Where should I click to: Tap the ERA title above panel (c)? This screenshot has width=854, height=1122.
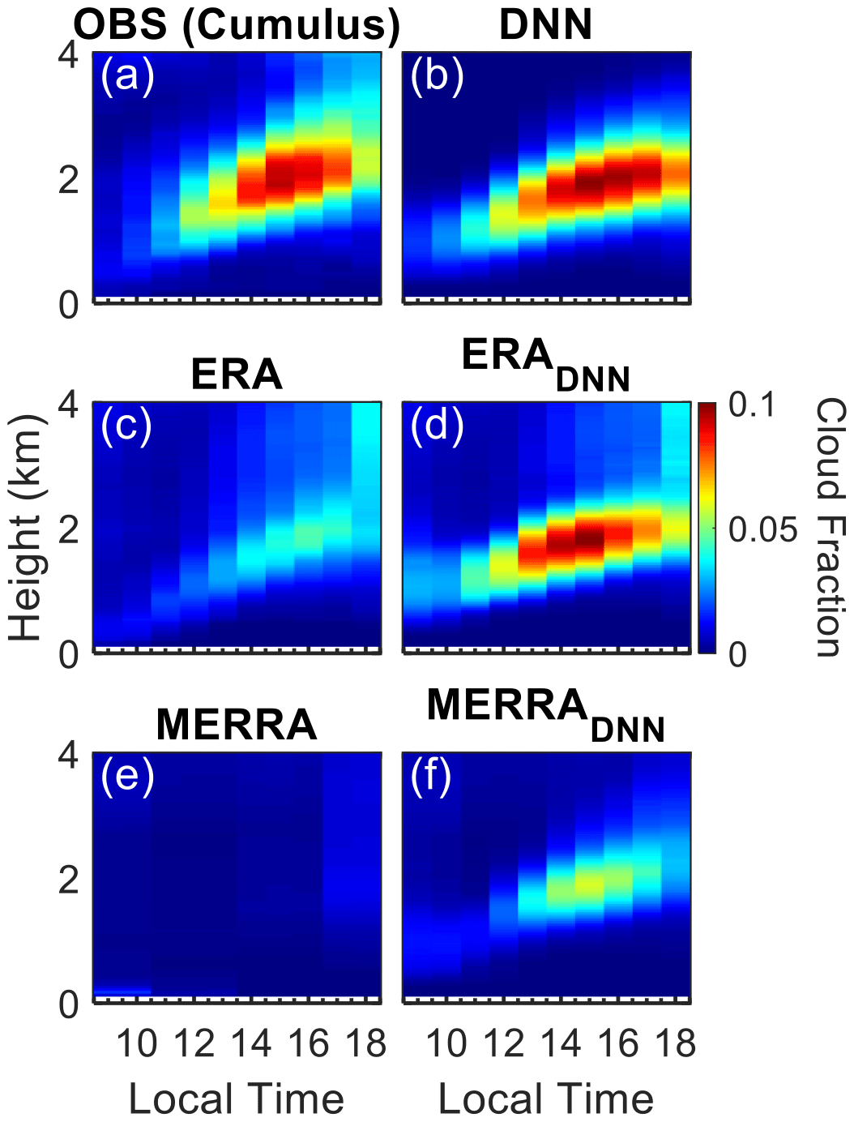tap(237, 375)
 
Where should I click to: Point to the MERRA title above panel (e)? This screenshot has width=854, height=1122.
tap(237, 724)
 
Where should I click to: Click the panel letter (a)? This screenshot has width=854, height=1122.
tap(127, 77)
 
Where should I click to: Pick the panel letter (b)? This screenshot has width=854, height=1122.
tap(437, 77)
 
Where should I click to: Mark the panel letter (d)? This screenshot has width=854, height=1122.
tap(437, 426)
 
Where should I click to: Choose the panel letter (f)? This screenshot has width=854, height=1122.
tap(431, 777)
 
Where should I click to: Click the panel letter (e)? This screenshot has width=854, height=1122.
tap(127, 777)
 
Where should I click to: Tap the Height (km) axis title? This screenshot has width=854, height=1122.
tap(26, 528)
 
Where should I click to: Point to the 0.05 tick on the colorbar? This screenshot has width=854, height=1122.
tap(762, 529)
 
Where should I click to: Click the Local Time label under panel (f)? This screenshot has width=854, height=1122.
tap(545, 1099)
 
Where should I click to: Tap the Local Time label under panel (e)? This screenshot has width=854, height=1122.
tap(237, 1099)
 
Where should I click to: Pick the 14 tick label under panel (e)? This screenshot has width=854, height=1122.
tap(251, 1043)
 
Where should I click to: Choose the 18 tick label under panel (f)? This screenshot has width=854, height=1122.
tap(676, 1043)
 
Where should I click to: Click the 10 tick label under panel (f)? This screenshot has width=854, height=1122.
tap(446, 1043)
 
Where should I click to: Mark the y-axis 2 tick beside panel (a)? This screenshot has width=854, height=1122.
tap(69, 180)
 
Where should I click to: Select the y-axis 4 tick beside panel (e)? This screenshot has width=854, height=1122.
tap(69, 755)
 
